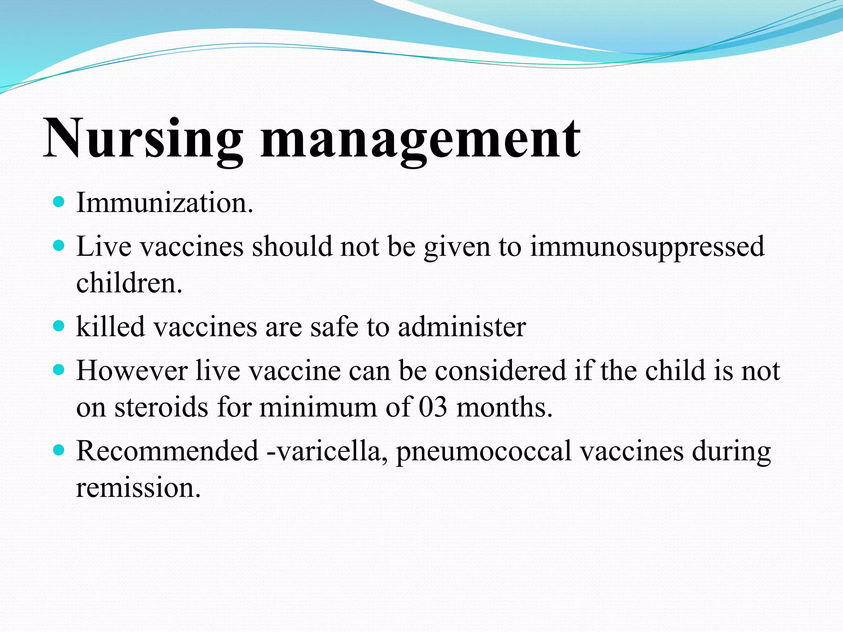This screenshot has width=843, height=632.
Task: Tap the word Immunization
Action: [164, 202]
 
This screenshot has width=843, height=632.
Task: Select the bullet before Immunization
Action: [59, 202]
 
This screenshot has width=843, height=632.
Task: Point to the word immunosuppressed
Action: [647, 247]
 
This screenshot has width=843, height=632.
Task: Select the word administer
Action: [461, 326]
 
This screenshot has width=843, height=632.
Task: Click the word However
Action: [132, 370]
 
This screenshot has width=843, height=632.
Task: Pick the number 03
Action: [433, 407]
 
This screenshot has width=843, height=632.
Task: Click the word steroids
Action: [161, 407]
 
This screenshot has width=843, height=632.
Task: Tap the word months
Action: [504, 407]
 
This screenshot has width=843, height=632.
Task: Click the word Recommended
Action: [167, 451]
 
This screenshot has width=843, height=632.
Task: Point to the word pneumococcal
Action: [483, 451]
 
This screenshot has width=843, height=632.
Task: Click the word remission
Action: [138, 488]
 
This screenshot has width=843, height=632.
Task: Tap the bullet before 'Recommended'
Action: [59, 450]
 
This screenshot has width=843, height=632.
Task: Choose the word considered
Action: [500, 370]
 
